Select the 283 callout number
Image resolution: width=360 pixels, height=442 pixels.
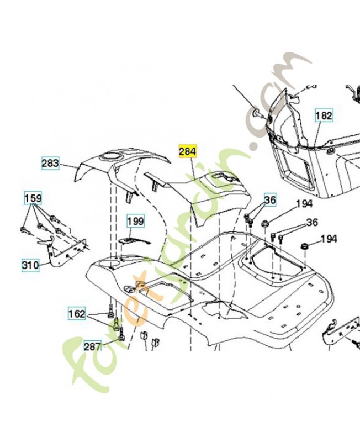[50, 164]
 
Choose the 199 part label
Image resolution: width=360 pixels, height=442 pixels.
[135, 222]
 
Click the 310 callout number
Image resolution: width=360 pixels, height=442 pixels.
[30, 265]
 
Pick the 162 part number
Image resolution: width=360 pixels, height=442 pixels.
[77, 314]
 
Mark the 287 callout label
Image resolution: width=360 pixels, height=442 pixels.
[92, 346]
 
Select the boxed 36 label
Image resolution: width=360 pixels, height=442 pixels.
[269, 200]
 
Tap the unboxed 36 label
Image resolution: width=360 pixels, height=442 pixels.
[313, 223]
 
